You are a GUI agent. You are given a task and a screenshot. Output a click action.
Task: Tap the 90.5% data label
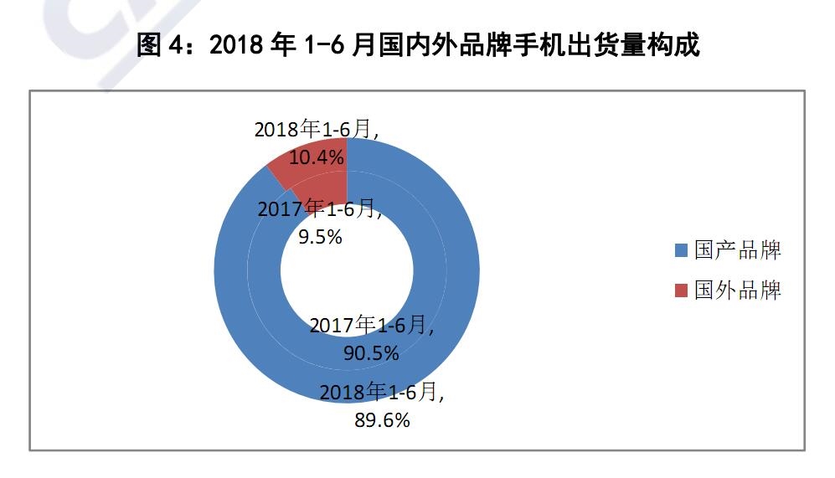click(x=371, y=353)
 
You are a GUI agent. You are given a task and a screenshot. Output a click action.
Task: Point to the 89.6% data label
click(x=382, y=420)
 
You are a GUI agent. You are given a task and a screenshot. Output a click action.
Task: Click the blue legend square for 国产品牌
click(x=681, y=250)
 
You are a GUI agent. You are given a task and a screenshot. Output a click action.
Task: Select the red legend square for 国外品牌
click(x=681, y=290)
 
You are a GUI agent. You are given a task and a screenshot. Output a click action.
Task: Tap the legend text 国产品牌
click(x=738, y=250)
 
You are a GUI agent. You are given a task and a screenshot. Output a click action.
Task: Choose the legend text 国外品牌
click(x=738, y=290)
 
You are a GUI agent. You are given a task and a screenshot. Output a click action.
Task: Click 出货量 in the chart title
click(x=606, y=44)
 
